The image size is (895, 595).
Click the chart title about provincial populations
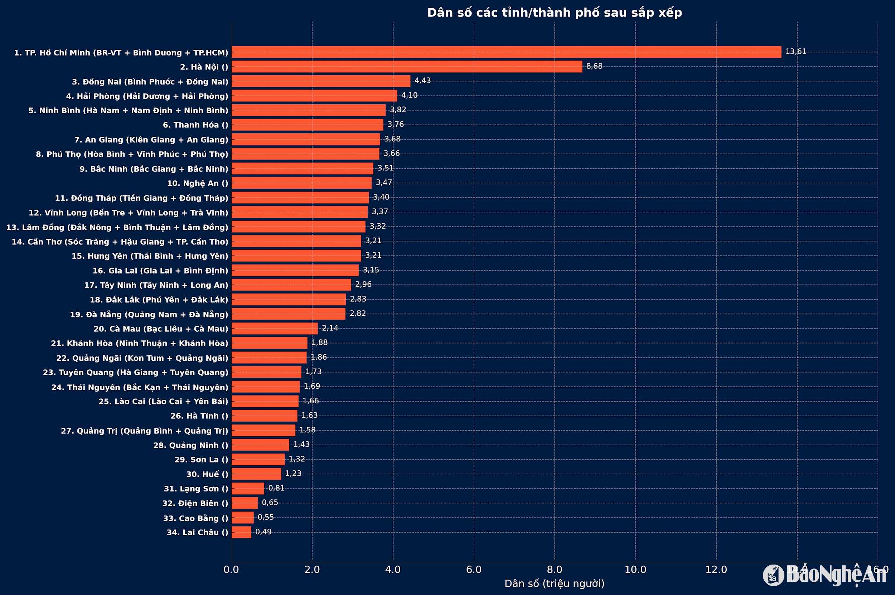pyautogui.click(x=555, y=13)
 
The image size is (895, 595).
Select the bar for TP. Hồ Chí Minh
pyautogui.click(x=506, y=52)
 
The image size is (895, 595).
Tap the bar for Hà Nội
pyautogui.click(x=407, y=67)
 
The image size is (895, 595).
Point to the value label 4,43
pyautogui.click(x=422, y=81)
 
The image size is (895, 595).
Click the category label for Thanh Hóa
pyautogui.click(x=195, y=125)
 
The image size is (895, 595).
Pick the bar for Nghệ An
pyautogui.click(x=301, y=183)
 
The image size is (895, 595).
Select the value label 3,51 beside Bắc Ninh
pyautogui.click(x=385, y=168)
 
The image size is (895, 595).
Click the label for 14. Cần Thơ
pyautogui.click(x=120, y=242)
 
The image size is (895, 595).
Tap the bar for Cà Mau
pyautogui.click(x=275, y=328)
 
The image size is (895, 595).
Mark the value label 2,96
pyautogui.click(x=363, y=284)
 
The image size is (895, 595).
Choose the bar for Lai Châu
pyautogui.click(x=241, y=532)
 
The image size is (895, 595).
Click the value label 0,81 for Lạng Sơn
pyautogui.click(x=276, y=488)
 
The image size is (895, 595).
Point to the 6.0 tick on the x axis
pyautogui.click(x=474, y=570)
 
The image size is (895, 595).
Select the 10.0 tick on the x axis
pyautogui.click(x=635, y=570)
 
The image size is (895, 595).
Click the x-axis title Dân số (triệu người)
pyautogui.click(x=555, y=584)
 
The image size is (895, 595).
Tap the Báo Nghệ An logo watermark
pyautogui.click(x=825, y=575)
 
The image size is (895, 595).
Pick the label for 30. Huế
pyautogui.click(x=207, y=474)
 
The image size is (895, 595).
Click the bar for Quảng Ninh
pyautogui.click(x=260, y=445)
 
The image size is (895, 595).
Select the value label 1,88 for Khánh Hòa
pyautogui.click(x=319, y=343)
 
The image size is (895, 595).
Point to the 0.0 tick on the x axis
pyautogui.click(x=231, y=570)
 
